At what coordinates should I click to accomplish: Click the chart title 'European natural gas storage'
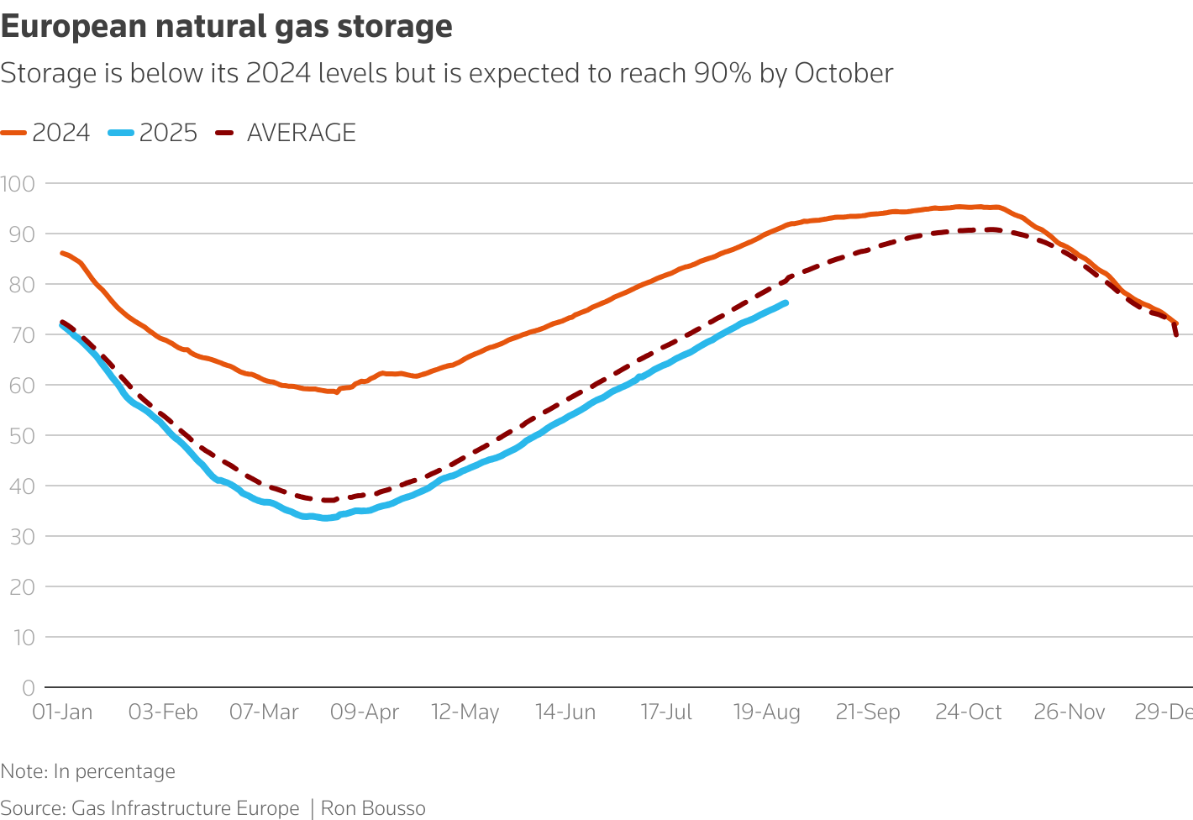tap(227, 27)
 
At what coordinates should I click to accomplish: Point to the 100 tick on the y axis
tap(17, 183)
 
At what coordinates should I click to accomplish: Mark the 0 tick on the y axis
tap(29, 687)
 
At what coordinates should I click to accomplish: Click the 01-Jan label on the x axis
tap(62, 712)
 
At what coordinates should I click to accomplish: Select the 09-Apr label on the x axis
tap(365, 712)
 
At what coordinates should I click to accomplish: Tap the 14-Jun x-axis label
tap(565, 712)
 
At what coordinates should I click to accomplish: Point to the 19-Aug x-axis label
tap(767, 712)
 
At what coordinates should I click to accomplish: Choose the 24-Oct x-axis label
tap(969, 712)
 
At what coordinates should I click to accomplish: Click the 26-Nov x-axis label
tap(1069, 712)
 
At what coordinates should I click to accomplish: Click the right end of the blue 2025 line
tap(786, 302)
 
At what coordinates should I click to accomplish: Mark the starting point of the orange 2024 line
tap(61, 252)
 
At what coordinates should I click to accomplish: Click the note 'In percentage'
tap(114, 771)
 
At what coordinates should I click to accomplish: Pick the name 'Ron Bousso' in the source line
tap(373, 808)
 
